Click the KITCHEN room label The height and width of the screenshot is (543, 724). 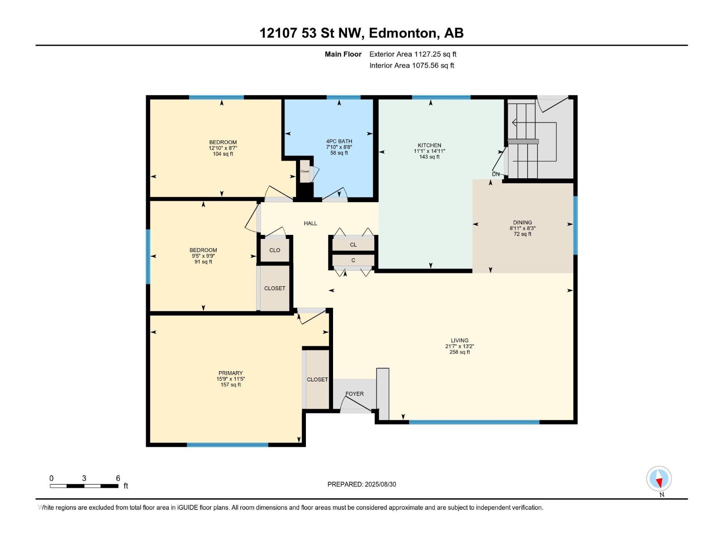[x=429, y=145]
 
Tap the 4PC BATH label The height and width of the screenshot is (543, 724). [x=339, y=142]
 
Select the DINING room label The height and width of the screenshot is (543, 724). [x=523, y=223]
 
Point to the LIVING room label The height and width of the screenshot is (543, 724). [x=459, y=340]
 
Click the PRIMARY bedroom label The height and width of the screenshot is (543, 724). [x=231, y=373]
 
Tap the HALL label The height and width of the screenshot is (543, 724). [x=310, y=224]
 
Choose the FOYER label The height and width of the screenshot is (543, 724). [x=355, y=394]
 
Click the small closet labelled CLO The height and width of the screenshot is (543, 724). [x=275, y=250]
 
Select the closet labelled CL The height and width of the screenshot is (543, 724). [x=353, y=245]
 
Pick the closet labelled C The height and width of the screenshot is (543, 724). [x=353, y=261]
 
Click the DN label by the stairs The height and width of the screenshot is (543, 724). [x=496, y=174]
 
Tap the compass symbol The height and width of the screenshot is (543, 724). [x=659, y=478]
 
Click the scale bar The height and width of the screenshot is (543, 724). [x=84, y=486]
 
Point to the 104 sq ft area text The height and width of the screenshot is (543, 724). [x=223, y=154]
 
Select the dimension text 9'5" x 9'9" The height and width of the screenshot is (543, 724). [x=203, y=256]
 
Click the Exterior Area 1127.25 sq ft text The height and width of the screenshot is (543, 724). [x=413, y=54]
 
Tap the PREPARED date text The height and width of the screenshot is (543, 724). [x=362, y=484]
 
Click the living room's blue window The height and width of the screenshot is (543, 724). [x=474, y=422]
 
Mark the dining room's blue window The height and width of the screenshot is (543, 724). [x=575, y=225]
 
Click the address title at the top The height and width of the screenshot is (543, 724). [x=362, y=33]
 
